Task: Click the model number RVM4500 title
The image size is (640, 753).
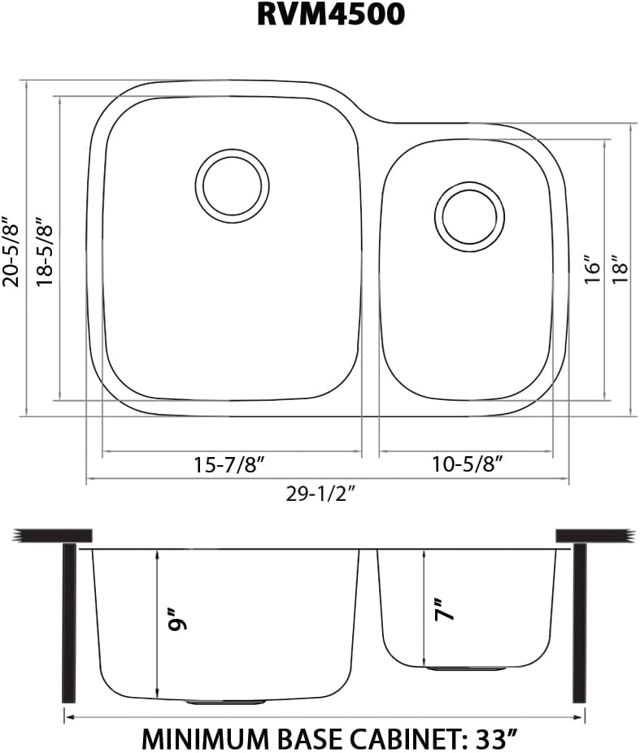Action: pyautogui.click(x=330, y=15)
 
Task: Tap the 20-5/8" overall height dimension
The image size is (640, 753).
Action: pyautogui.click(x=11, y=251)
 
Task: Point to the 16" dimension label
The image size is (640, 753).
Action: pyautogui.click(x=592, y=270)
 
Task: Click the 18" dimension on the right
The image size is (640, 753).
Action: pyautogui.click(x=620, y=270)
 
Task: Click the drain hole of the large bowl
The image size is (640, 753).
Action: pyautogui.click(x=232, y=185)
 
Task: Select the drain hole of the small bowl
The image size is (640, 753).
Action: pyautogui.click(x=469, y=216)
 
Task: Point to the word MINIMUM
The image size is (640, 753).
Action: pyautogui.click(x=199, y=738)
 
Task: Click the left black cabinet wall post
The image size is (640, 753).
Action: pyautogui.click(x=69, y=623)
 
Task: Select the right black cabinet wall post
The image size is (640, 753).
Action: pyautogui.click(x=579, y=623)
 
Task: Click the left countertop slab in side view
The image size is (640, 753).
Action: pyautogui.click(x=51, y=536)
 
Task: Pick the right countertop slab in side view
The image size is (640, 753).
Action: pyautogui.click(x=593, y=536)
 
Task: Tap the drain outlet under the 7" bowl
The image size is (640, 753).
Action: pyautogui.click(x=467, y=668)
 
